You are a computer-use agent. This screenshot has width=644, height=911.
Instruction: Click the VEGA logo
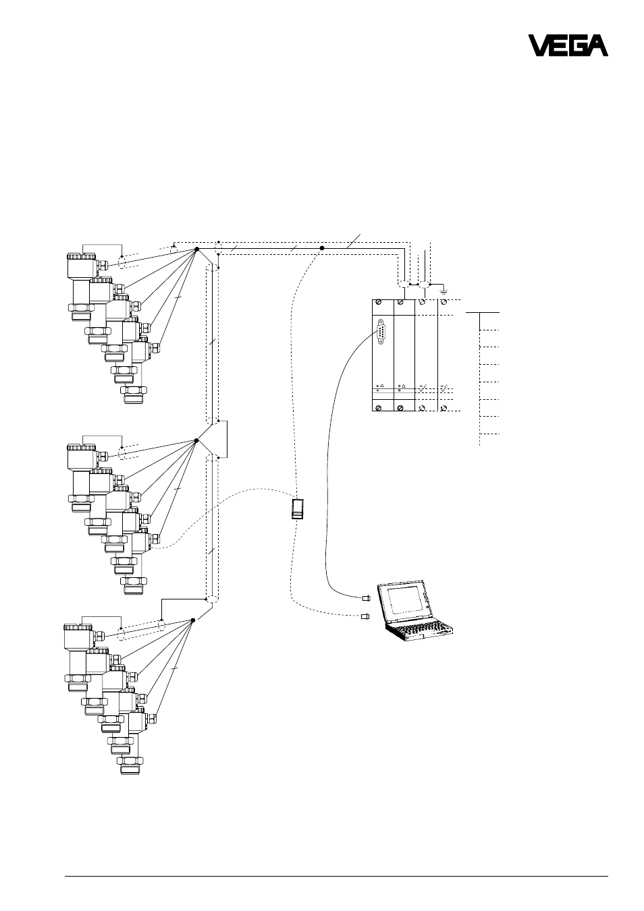coord(568,45)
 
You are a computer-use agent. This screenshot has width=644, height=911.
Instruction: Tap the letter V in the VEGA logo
coord(538,45)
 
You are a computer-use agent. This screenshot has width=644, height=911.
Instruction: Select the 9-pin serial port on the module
coord(381,332)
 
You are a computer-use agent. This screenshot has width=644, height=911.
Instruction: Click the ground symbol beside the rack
coord(444,291)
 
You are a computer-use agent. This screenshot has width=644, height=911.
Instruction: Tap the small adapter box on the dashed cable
coord(298,509)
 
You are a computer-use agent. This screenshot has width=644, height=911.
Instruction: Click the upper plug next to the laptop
coord(366,598)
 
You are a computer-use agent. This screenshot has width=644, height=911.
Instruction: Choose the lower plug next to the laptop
coord(365,616)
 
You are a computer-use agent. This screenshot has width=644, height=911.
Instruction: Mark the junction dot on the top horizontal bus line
coord(322,247)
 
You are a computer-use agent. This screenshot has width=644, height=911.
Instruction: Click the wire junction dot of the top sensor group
coord(196,249)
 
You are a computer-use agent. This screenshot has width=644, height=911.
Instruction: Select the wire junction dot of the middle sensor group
coord(196,440)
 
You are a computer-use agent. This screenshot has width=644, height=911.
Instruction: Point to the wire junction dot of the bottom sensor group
coord(193,620)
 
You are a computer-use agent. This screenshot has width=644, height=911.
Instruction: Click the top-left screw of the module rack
coord(379,303)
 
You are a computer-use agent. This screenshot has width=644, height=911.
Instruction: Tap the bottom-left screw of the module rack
coord(379,408)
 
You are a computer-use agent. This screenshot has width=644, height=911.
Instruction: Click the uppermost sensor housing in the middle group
coord(82,458)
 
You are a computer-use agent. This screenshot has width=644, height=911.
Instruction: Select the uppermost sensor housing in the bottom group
coord(80,637)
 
